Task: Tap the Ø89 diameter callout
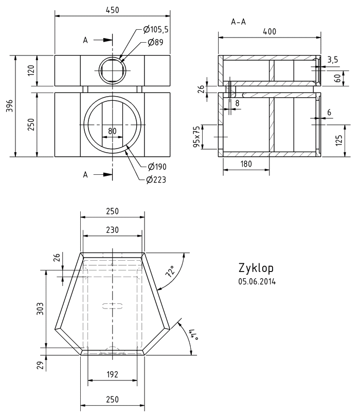pyautogui.click(x=155, y=43)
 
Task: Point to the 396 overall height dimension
pyautogui.click(x=9, y=105)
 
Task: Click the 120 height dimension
pyautogui.click(x=30, y=70)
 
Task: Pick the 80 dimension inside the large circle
pyautogui.click(x=113, y=131)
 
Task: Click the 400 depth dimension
pyautogui.click(x=269, y=31)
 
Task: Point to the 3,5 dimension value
pyautogui.click(x=332, y=60)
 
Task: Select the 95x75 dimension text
pyautogui.click(x=196, y=136)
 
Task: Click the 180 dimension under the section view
pyautogui.click(x=246, y=163)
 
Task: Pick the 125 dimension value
pyautogui.click(x=339, y=139)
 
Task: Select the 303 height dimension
pyautogui.click(x=40, y=308)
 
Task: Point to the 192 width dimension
pyautogui.click(x=112, y=374)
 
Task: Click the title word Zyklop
pyautogui.click(x=256, y=268)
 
